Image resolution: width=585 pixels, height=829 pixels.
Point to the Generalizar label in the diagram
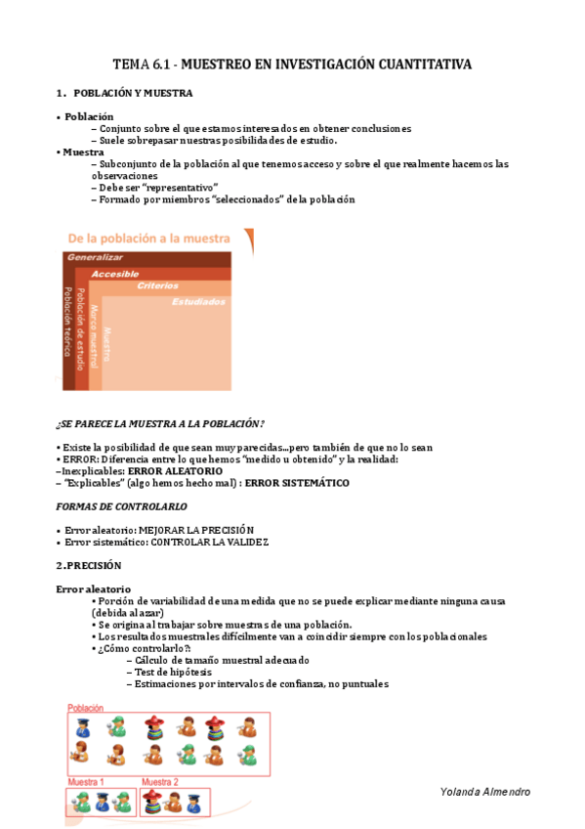tap(95, 257)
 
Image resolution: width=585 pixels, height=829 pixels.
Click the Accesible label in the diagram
tap(115, 274)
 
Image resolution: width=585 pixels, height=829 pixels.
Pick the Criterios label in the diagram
tap(157, 286)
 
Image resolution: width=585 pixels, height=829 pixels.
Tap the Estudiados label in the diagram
tap(198, 302)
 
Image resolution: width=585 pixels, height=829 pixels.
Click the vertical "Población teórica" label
tap(68, 322)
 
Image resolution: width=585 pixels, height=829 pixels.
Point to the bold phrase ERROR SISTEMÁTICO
tap(297, 483)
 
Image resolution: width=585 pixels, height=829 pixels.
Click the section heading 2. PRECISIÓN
tap(89, 565)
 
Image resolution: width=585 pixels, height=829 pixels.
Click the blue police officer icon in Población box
tap(84, 727)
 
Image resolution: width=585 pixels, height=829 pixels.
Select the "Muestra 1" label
tap(86, 782)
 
